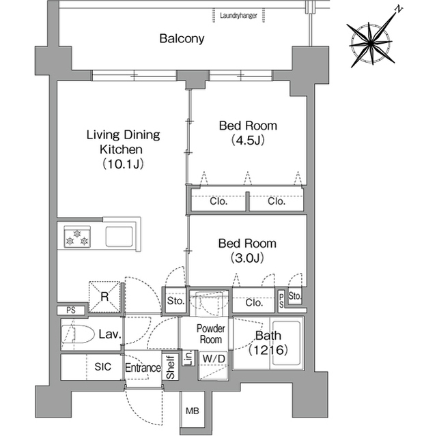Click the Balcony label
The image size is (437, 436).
pyautogui.click(x=182, y=38)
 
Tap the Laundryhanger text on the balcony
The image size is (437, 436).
pyautogui.click(x=238, y=16)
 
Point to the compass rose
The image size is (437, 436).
pyautogui.click(x=371, y=43)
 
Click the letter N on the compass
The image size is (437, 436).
pyautogui.click(x=399, y=10)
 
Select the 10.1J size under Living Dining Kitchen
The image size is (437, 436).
pyautogui.click(x=123, y=164)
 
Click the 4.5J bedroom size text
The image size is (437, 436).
pyautogui.click(x=248, y=140)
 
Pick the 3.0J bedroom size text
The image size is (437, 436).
pyautogui.click(x=247, y=258)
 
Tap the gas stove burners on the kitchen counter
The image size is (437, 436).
pyautogui.click(x=77, y=237)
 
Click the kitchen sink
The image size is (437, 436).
pyautogui.click(x=119, y=237)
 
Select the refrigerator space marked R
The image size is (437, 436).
pyautogui.click(x=104, y=297)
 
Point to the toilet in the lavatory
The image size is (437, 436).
pyautogui.click(x=77, y=334)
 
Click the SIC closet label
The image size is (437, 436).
pyautogui.click(x=103, y=366)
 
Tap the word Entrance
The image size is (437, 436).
pyautogui.click(x=143, y=368)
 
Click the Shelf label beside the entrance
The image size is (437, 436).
pyautogui.click(x=170, y=367)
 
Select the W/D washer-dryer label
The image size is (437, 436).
pyautogui.click(x=214, y=359)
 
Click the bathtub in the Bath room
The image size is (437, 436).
pyautogui.click(x=287, y=343)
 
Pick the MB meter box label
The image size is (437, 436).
pyautogui.click(x=193, y=411)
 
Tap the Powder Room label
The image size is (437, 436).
pyautogui.click(x=211, y=334)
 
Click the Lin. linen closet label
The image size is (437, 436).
pyautogui.click(x=188, y=358)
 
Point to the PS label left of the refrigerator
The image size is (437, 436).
pyautogui.click(x=71, y=310)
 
